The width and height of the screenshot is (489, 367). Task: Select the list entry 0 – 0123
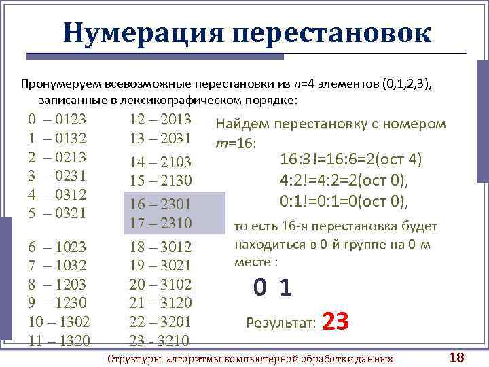(57, 120)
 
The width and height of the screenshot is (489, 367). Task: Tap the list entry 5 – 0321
(57, 213)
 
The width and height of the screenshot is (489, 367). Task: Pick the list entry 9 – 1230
(57, 302)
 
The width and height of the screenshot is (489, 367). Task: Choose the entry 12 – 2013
(161, 120)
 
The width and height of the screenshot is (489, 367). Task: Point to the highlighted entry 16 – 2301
(161, 204)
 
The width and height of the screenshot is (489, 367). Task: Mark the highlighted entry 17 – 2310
(161, 223)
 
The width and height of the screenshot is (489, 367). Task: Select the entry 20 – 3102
(161, 284)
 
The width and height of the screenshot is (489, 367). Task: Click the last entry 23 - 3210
(161, 340)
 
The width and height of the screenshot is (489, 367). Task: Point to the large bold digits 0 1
(273, 289)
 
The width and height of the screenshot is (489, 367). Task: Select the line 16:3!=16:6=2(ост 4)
(351, 160)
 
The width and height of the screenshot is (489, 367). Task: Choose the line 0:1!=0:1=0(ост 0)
(344, 201)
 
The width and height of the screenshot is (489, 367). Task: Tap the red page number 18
(456, 357)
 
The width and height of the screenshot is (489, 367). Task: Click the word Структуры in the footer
(137, 358)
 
